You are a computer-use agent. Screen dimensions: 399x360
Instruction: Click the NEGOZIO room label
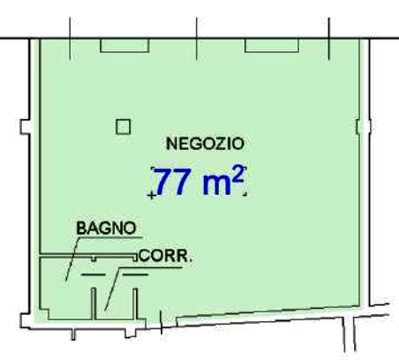pyautogui.click(x=205, y=144)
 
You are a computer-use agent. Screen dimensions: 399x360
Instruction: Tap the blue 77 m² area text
pyautogui.click(x=200, y=182)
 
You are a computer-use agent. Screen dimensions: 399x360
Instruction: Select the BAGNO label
pyautogui.click(x=106, y=228)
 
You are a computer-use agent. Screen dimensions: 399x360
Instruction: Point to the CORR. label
pyautogui.click(x=165, y=256)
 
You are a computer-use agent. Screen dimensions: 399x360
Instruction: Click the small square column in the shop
pyautogui.click(x=123, y=127)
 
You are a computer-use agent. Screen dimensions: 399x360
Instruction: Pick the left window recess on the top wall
pyautogui.click(x=124, y=46)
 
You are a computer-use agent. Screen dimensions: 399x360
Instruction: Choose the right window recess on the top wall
pyautogui.click(x=272, y=46)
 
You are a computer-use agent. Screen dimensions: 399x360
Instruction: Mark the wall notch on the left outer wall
pyautogui.click(x=25, y=127)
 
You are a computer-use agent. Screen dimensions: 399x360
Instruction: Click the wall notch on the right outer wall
pyautogui.click(x=364, y=127)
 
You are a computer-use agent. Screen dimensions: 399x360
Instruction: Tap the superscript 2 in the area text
pyautogui.click(x=237, y=175)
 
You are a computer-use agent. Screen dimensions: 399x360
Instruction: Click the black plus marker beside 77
pyautogui.click(x=152, y=195)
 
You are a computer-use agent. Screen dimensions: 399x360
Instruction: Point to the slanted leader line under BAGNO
pyautogui.click(x=72, y=259)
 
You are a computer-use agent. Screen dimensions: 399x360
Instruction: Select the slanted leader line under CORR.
pyautogui.click(x=112, y=289)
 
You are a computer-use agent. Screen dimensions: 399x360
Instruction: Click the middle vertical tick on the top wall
pyautogui.click(x=196, y=39)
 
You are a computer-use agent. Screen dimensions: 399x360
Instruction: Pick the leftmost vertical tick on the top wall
pyautogui.click(x=70, y=39)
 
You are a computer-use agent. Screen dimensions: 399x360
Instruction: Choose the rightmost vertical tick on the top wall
pyautogui.click(x=329, y=39)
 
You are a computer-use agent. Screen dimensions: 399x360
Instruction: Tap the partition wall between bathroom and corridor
pyautogui.click(x=94, y=304)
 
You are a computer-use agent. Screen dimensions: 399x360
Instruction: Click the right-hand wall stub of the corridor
pyautogui.click(x=135, y=304)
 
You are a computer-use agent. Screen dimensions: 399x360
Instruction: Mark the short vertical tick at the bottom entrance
pyautogui.click(x=161, y=322)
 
